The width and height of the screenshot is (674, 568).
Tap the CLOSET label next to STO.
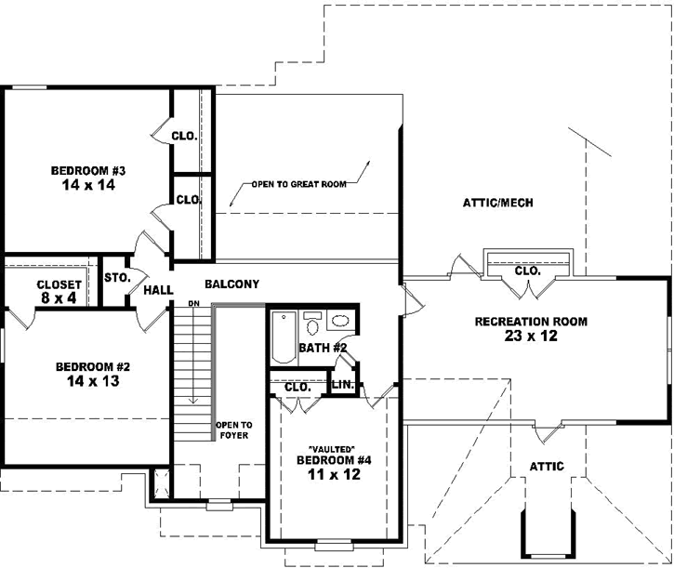(59, 284)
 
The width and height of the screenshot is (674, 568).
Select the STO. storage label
(116, 277)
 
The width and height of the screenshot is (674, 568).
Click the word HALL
(158, 290)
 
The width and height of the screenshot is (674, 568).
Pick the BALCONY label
(231, 284)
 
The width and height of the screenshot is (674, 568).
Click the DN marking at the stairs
(193, 304)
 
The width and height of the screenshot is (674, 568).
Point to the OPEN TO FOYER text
(233, 430)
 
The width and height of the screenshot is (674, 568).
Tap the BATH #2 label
(323, 348)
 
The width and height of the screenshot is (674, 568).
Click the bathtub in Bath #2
(284, 337)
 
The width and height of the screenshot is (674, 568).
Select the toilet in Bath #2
(313, 324)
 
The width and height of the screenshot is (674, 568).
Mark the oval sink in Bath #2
(340, 322)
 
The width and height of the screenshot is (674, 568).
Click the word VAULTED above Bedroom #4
(325, 448)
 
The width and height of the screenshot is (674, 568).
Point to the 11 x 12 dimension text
(325, 474)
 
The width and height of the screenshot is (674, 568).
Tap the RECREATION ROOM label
(531, 322)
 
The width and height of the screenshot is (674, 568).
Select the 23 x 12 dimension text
(531, 337)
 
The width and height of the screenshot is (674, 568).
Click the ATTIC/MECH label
(496, 204)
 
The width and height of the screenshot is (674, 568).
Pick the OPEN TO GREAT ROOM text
(298, 184)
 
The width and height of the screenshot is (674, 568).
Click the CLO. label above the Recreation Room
(527, 271)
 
